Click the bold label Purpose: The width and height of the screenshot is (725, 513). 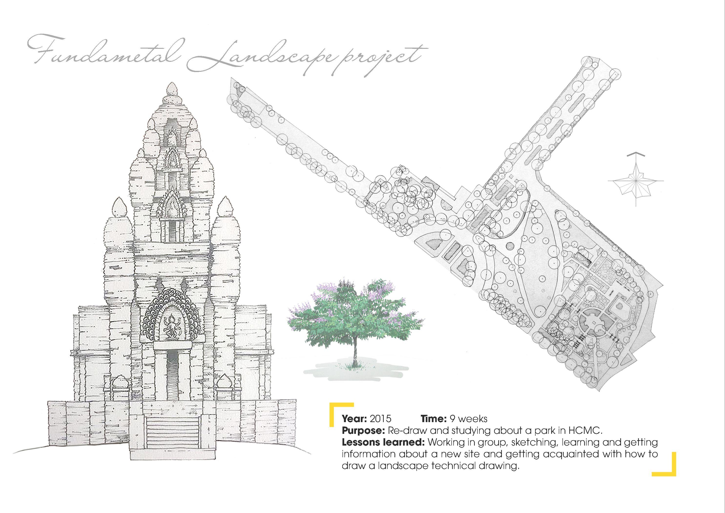click(x=362, y=430)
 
